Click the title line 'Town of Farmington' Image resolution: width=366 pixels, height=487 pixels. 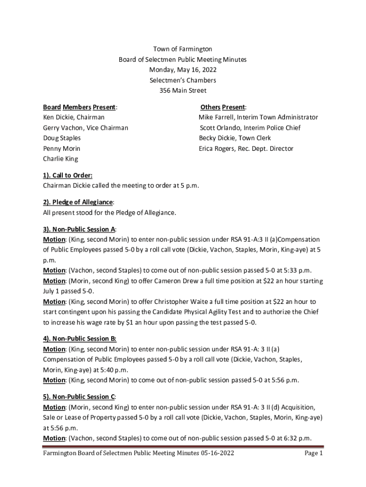(183, 49)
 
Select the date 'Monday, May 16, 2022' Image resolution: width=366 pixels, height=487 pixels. (183, 70)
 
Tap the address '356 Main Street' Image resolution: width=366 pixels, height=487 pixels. (183, 90)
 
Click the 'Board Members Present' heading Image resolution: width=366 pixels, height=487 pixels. (80, 107)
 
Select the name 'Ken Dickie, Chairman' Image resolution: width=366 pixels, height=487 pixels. (74, 117)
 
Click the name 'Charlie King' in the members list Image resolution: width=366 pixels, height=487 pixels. (60, 159)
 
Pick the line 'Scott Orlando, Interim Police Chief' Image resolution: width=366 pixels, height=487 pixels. (250, 128)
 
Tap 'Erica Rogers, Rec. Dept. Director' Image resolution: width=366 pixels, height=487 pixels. (246, 148)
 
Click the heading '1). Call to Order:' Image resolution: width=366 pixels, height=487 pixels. (67, 175)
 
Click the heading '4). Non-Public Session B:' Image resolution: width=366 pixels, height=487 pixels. (79, 339)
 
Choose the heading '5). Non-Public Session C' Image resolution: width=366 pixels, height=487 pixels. (79, 397)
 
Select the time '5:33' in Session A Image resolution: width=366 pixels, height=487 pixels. (290, 271)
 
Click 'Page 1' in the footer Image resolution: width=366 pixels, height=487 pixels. (314, 453)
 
